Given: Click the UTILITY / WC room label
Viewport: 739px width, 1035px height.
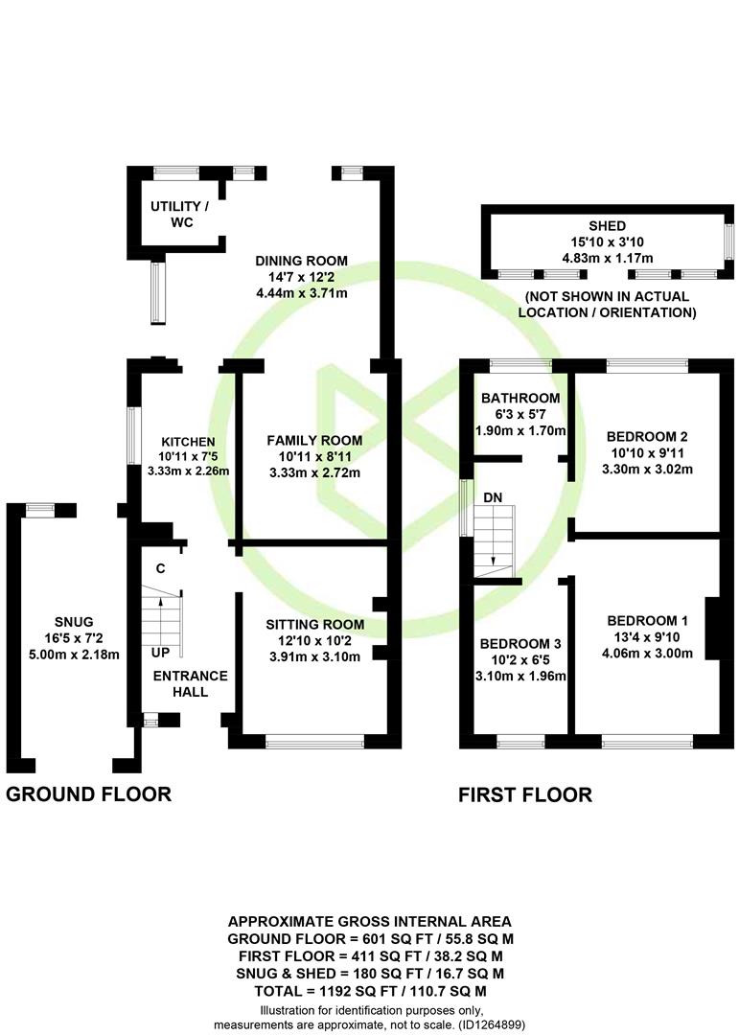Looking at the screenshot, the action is (179, 215).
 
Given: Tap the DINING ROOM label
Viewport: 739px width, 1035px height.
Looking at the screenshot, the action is (301, 261).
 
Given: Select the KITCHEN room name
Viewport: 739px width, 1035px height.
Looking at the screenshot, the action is (188, 442).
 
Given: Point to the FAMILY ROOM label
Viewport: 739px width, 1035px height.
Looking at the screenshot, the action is (314, 440).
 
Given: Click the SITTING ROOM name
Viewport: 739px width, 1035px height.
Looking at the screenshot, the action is (315, 625).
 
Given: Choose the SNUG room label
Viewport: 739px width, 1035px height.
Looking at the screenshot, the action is (74, 622).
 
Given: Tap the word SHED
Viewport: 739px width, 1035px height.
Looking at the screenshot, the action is (608, 226).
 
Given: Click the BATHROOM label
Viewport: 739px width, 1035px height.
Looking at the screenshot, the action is (520, 398).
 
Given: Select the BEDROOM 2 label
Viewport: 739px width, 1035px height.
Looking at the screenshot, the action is (647, 436).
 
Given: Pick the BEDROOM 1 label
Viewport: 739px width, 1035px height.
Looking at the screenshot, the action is (647, 620).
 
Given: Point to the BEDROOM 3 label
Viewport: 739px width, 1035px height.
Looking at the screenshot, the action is (520, 644).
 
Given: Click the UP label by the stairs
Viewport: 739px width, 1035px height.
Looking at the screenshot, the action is (160, 653).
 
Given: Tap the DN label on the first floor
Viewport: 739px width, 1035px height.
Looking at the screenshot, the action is (493, 497).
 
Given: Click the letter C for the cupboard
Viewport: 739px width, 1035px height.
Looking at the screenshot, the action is (160, 568).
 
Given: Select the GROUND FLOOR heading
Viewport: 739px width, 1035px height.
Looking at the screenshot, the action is (88, 794).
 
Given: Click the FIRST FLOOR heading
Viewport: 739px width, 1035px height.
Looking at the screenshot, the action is (525, 794).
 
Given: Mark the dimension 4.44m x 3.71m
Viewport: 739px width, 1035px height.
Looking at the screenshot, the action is (302, 293).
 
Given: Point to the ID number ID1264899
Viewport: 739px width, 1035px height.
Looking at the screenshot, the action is (492, 1025).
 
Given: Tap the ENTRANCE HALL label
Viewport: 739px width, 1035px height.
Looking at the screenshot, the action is (190, 684).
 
